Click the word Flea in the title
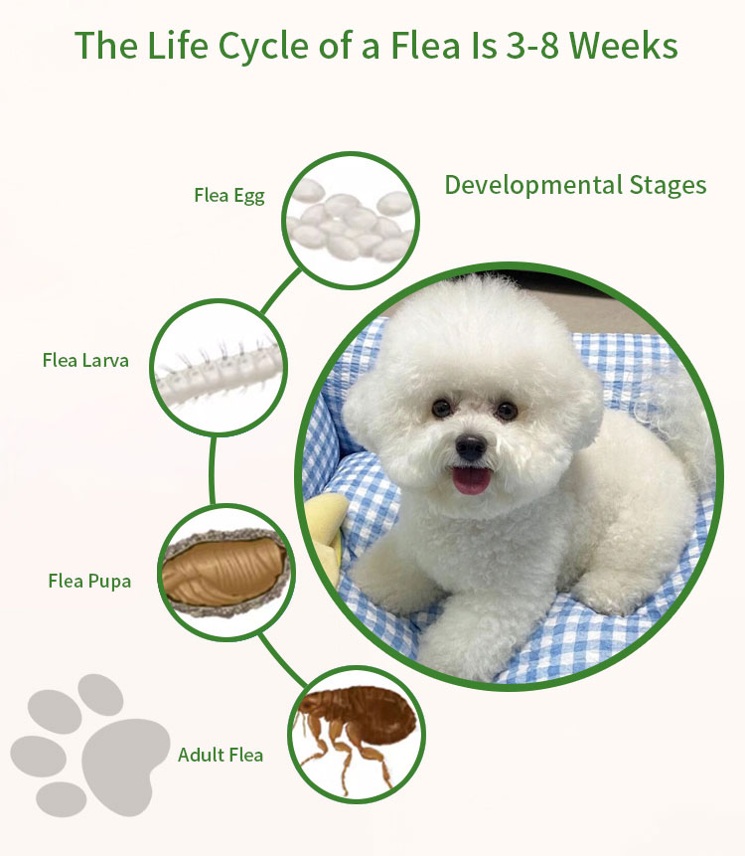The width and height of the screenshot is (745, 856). [425, 46]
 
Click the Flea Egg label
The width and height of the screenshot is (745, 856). [229, 196]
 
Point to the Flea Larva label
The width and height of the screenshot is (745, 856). [85, 360]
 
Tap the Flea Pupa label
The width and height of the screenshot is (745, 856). [89, 581]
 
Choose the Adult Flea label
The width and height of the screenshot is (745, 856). [221, 755]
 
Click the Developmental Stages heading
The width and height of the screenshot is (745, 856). [575, 185]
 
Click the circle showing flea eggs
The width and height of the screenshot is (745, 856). [351, 220]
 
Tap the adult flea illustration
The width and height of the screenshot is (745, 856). [355, 732]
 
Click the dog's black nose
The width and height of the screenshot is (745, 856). [471, 446]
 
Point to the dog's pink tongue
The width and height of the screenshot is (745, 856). [472, 481]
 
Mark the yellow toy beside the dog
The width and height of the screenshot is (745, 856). [327, 535]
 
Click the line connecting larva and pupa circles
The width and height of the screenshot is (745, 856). [213, 470]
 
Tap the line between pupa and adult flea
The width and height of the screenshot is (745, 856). [283, 659]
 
